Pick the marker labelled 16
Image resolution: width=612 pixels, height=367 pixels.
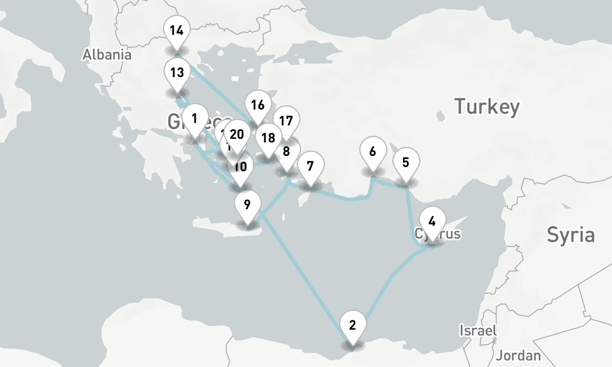point(258,105)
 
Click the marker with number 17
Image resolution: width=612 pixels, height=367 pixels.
point(286,121)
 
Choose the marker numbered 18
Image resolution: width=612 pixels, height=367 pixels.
point(268,138)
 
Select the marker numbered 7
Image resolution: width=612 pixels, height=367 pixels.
point(310,166)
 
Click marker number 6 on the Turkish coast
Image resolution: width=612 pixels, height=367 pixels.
point(373,150)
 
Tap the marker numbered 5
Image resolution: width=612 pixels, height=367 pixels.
point(405,163)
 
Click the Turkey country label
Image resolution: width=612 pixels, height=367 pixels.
point(487,107)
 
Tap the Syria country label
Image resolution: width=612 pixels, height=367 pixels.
point(570,234)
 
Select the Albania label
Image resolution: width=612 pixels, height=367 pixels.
point(107,54)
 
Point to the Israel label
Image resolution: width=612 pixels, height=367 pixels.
point(478,330)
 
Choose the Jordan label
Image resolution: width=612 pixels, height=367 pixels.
point(518,355)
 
